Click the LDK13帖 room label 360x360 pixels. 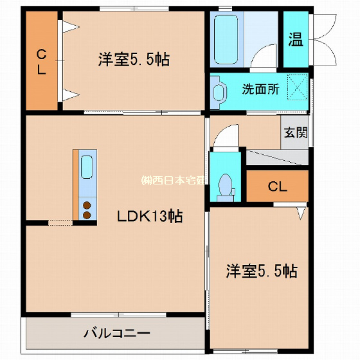[149, 217]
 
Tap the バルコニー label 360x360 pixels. [116, 334]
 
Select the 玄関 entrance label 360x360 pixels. [295, 133]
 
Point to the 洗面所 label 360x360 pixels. [260, 89]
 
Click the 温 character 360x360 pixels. [295, 40]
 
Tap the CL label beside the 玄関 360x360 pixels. [277, 187]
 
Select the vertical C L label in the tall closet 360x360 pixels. [41, 62]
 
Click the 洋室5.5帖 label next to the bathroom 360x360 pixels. [134, 60]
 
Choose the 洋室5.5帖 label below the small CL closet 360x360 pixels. [261, 271]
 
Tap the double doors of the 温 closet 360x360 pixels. [325, 40]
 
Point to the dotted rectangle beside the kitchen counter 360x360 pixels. [60, 222]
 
